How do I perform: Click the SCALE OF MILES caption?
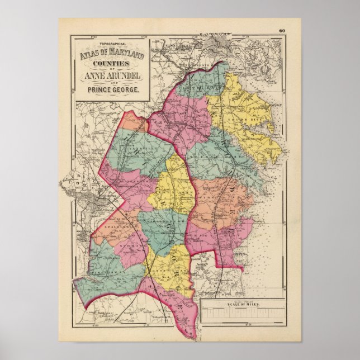[239, 304]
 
